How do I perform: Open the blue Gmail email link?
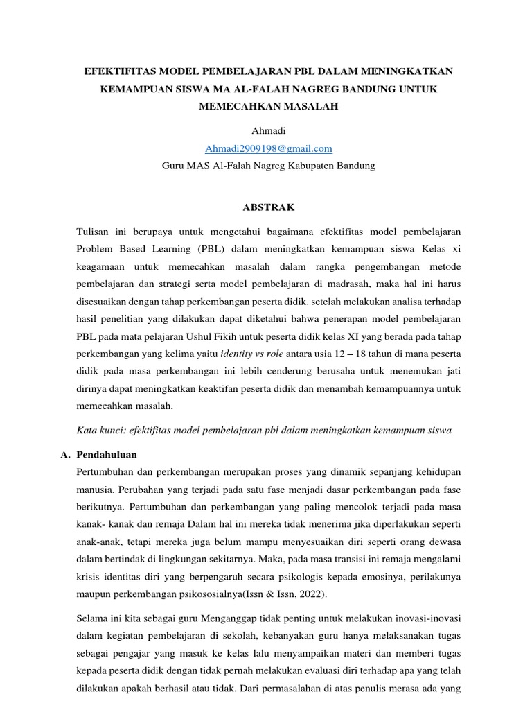268,148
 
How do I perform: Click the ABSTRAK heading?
268,207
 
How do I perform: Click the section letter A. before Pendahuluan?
64,455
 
